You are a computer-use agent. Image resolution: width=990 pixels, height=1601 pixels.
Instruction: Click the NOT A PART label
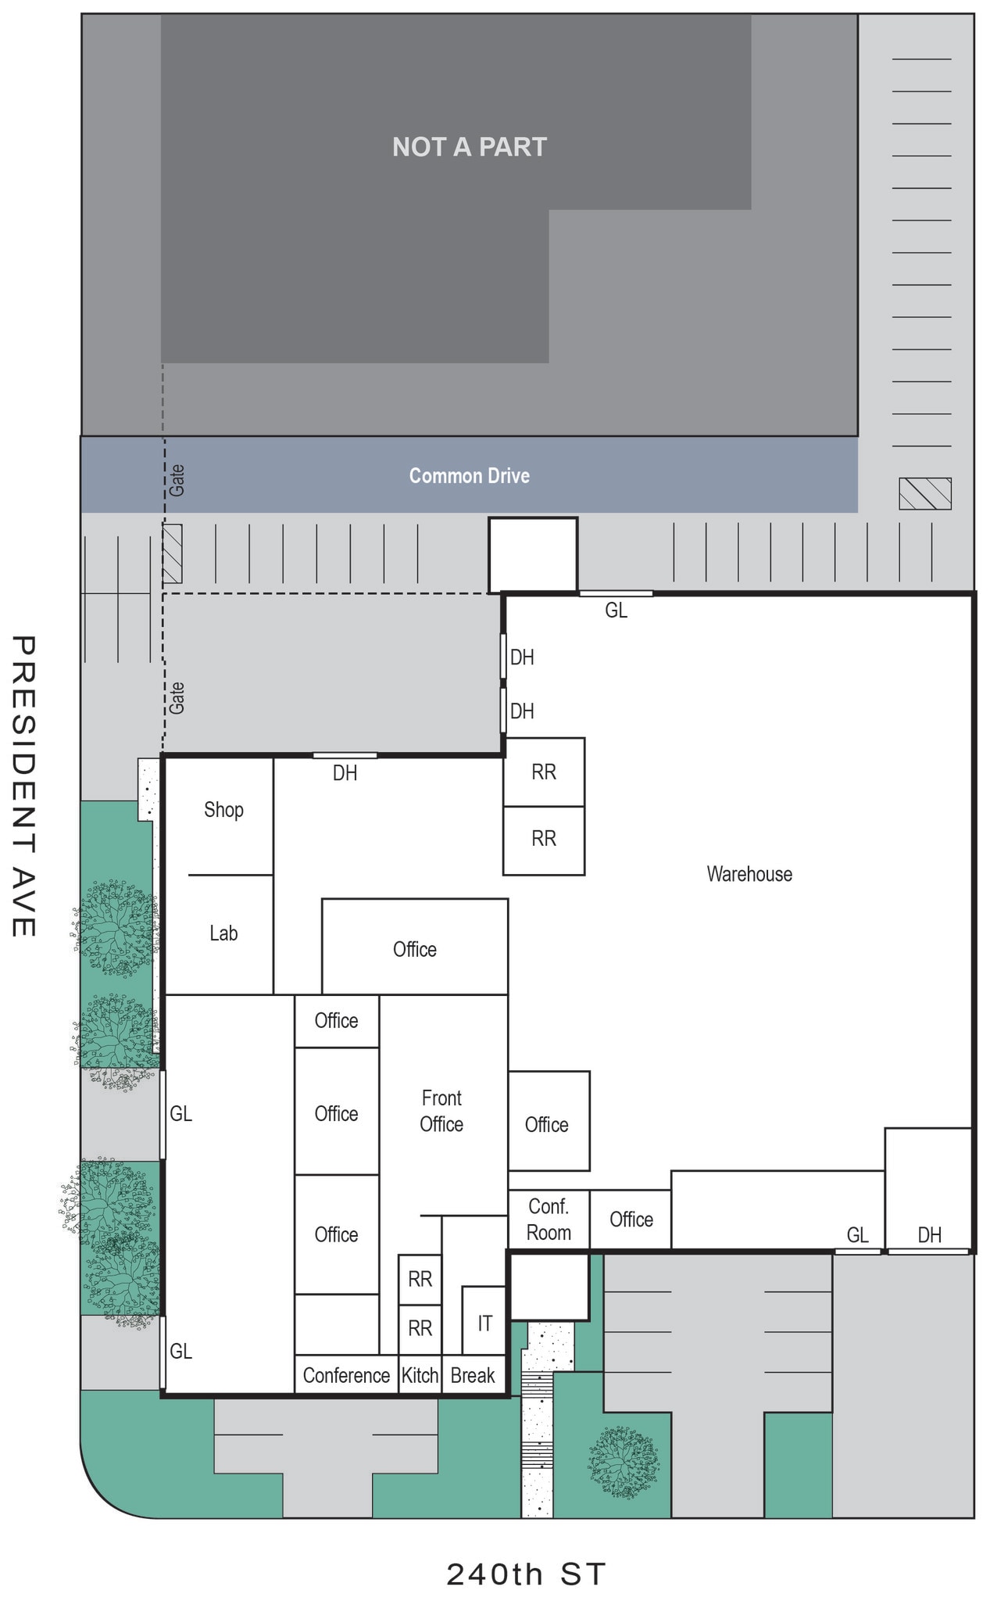tap(469, 147)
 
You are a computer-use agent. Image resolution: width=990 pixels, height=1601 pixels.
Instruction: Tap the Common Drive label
tap(469, 475)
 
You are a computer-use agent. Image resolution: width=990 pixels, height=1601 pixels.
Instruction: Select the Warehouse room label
tap(749, 874)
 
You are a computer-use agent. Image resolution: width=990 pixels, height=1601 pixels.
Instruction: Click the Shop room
tap(223, 810)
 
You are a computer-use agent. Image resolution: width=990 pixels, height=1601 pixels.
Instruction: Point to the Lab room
tap(223, 933)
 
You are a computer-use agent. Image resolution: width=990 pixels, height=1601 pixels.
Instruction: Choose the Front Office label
tap(441, 1111)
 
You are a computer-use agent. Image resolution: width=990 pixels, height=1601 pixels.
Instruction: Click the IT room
tap(484, 1323)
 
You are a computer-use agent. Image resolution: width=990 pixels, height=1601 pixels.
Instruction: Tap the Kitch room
tap(420, 1375)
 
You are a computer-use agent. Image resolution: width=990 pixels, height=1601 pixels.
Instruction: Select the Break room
tap(473, 1375)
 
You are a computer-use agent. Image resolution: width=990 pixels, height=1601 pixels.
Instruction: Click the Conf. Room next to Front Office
tap(549, 1220)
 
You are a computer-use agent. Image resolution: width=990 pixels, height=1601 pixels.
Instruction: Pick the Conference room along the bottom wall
tap(346, 1375)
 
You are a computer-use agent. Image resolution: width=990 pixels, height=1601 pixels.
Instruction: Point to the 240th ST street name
tap(526, 1574)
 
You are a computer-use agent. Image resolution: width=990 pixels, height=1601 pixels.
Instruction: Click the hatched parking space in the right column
tap(924, 493)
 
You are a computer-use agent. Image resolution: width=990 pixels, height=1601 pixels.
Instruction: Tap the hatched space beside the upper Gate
tap(173, 553)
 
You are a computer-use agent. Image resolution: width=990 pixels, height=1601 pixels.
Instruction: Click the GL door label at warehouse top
tap(616, 611)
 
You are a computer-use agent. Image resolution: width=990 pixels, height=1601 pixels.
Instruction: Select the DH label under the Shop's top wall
tap(345, 773)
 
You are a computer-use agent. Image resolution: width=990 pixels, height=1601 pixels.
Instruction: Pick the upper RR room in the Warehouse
tap(544, 772)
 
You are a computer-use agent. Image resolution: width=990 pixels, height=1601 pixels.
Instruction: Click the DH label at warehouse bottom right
tap(929, 1234)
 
